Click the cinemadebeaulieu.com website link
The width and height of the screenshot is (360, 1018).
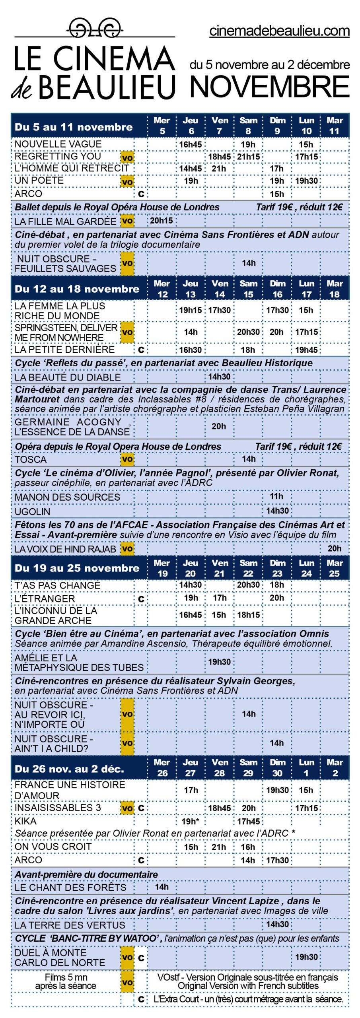coord(279,31)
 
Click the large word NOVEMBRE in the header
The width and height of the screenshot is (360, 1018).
coord(270,87)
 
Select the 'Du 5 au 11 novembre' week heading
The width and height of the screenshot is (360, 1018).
coord(74,127)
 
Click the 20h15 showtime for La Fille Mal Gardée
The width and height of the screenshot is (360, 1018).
coord(162,221)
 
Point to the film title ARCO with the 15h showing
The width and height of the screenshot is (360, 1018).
coord(28,194)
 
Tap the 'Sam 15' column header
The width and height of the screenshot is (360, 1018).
coord(248,289)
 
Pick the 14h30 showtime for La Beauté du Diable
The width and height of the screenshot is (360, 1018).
coord(219,377)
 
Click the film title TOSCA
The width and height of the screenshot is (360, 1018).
coord(31,459)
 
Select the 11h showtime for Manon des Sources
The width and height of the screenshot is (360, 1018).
coord(277,496)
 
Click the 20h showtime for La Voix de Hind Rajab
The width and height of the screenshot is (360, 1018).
coord(335,549)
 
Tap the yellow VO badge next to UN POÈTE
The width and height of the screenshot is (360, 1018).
coord(127,182)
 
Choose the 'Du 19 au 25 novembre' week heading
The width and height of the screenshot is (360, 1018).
coord(77,568)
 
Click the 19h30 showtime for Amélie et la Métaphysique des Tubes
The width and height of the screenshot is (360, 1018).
coord(219,662)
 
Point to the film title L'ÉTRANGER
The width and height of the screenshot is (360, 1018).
coord(45,598)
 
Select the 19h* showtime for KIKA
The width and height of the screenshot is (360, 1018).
coord(191,821)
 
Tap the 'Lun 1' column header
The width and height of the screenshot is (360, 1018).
coord(306,767)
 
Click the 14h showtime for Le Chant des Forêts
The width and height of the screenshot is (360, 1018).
coord(162,887)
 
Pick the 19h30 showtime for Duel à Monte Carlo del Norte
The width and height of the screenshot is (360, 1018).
coord(306,957)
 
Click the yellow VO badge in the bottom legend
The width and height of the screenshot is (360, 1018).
coord(127,982)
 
